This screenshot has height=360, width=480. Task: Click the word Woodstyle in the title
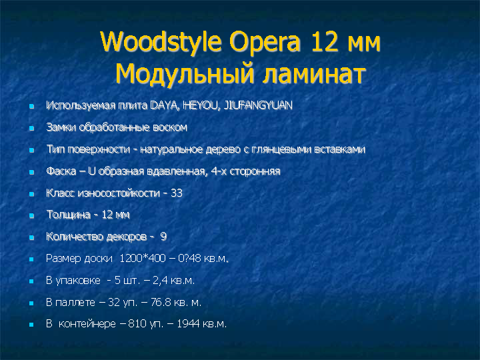coord(161,43)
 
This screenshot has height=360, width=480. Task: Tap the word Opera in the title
coord(265,42)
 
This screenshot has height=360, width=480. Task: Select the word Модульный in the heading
coord(185,74)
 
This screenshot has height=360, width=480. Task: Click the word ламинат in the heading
coord(314,75)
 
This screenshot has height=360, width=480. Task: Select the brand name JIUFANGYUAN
coord(258,105)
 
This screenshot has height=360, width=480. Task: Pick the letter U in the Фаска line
coord(91,171)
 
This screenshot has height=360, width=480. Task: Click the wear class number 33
coord(177,193)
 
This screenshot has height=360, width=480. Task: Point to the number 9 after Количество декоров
coord(163,237)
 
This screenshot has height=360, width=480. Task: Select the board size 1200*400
coord(143,259)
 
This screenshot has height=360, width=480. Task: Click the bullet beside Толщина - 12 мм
coord(31,216)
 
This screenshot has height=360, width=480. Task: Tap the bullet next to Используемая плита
coord(31,107)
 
